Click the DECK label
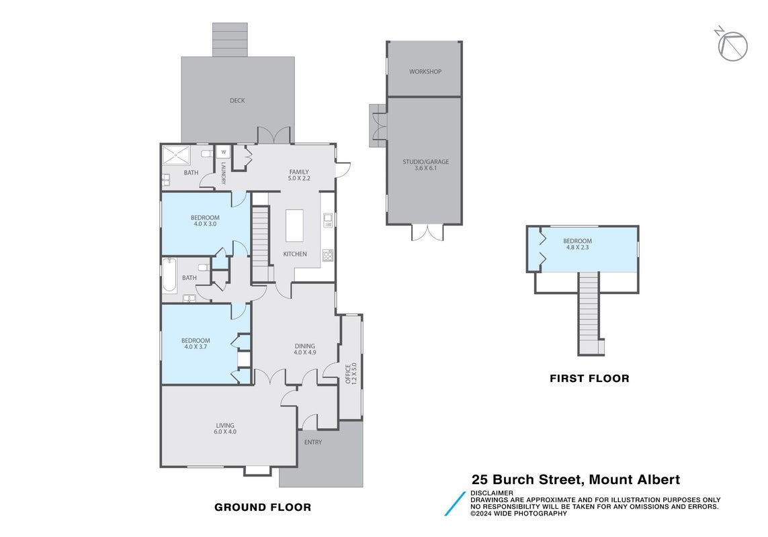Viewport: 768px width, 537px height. (237, 100)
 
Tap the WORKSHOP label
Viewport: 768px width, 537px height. (425, 71)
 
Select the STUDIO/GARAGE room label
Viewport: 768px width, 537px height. (425, 164)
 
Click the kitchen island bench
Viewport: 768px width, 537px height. (294, 225)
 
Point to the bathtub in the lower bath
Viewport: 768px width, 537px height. (169, 275)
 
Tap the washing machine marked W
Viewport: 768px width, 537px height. (223, 152)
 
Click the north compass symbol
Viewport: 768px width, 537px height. (732, 46)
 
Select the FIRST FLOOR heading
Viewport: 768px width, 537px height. (589, 379)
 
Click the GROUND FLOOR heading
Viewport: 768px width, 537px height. (263, 507)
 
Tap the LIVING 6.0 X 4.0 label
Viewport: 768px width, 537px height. (225, 428)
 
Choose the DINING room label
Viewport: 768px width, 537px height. (304, 349)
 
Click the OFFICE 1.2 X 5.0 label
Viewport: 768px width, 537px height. (351, 373)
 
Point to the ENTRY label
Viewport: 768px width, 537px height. (313, 442)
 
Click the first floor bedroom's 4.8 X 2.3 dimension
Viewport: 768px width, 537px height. (577, 247)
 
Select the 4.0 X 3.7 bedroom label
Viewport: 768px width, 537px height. (196, 344)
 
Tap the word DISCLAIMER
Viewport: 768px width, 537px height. (492, 493)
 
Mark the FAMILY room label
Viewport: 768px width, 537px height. (299, 175)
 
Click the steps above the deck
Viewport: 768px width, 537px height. (230, 40)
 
